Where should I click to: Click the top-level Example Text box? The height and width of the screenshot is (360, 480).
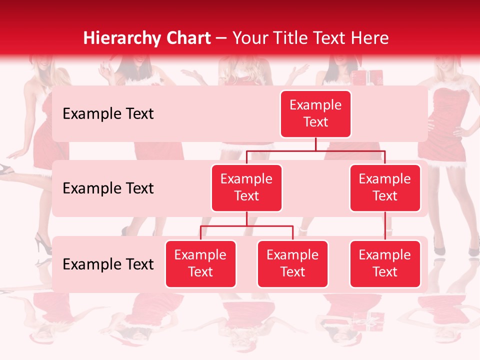click(x=315, y=113)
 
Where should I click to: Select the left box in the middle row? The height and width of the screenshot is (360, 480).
click(x=246, y=187)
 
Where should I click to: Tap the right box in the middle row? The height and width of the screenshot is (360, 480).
click(x=385, y=187)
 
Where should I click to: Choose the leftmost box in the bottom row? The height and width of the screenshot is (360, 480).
click(x=200, y=263)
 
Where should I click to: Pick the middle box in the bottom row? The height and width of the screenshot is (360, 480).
click(x=292, y=263)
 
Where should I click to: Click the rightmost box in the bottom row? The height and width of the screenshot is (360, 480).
click(x=385, y=263)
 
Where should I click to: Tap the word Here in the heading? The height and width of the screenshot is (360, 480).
click(x=370, y=38)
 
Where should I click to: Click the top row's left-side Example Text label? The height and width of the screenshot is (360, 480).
click(x=108, y=114)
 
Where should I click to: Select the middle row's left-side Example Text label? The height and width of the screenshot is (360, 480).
click(x=108, y=188)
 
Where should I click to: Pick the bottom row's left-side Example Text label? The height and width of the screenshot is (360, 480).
click(x=108, y=264)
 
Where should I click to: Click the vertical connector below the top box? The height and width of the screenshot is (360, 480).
click(x=315, y=144)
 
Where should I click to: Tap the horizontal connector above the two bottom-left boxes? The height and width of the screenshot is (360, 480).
click(x=246, y=226)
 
